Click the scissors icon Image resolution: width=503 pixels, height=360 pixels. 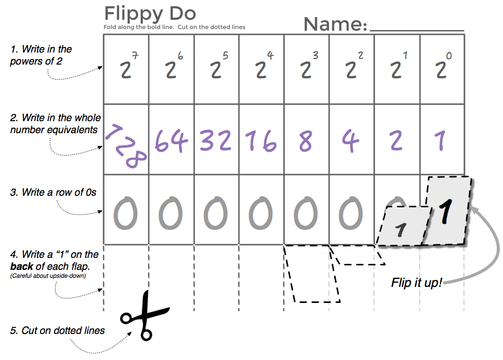[145, 316]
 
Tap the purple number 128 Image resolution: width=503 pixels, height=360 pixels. [126, 146]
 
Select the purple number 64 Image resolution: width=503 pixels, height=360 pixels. [171, 141]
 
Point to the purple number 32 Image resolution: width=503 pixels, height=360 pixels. [215, 141]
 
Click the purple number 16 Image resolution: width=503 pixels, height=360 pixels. [261, 141]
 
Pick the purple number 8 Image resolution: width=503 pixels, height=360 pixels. [305, 141]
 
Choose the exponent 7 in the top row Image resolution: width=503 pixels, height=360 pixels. [135, 56]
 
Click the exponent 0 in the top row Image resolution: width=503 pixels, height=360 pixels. [449, 56]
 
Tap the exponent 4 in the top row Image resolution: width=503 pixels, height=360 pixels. [270, 56]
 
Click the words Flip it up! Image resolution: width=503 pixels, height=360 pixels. [416, 283]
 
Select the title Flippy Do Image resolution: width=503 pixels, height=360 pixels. [150, 14]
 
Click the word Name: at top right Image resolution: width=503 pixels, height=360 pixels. [335, 24]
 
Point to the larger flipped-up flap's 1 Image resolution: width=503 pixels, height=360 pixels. [445, 211]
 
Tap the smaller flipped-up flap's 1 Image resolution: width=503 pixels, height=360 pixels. [401, 229]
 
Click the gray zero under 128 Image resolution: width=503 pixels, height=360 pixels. [126, 213]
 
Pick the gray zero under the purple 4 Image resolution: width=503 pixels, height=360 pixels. [351, 213]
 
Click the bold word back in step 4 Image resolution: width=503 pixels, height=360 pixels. [22, 266]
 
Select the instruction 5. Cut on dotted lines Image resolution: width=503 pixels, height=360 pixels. [58, 330]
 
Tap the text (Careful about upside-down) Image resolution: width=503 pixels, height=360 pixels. [48, 276]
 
